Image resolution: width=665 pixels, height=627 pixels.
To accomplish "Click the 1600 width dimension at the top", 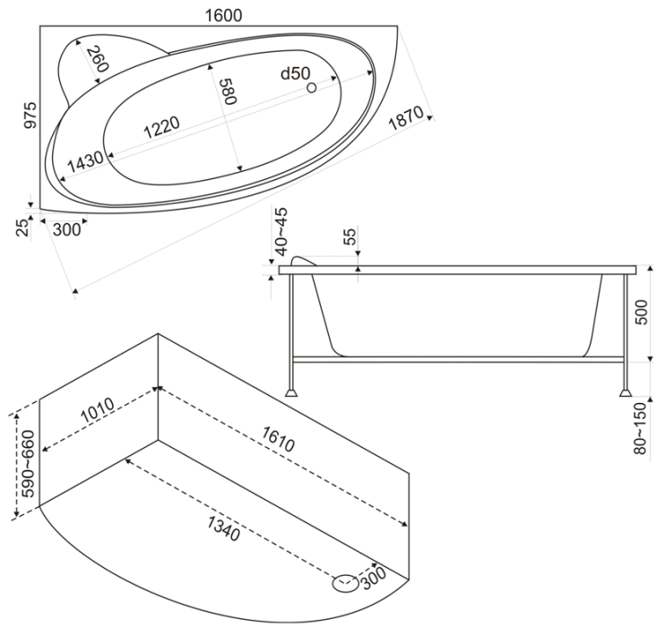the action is (223, 16).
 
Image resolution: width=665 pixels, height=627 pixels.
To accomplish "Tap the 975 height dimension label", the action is (30, 115).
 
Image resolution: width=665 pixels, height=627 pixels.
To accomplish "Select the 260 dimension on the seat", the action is (98, 59).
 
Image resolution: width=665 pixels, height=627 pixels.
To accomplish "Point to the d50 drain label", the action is (296, 73).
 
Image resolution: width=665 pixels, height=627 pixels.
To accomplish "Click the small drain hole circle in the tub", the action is (312, 88).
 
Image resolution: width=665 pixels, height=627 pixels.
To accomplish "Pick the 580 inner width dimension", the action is (228, 90).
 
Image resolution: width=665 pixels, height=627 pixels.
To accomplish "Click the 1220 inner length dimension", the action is (161, 127).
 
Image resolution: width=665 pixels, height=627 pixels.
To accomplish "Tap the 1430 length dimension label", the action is (85, 161).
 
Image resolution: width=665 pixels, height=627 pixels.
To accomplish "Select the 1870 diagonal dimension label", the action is (406, 117).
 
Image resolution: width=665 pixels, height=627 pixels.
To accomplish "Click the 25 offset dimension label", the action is (23, 228).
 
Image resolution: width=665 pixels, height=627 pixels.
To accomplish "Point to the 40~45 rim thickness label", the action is (281, 231).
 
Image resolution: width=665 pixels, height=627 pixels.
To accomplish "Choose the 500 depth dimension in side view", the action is (642, 313).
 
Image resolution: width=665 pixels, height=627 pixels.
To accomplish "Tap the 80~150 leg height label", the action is (641, 428).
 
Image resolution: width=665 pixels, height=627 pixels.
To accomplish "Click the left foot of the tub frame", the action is (291, 392).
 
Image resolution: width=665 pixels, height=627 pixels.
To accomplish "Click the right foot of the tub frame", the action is (626, 392).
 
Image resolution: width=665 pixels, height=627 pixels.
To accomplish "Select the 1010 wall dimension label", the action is (98, 409).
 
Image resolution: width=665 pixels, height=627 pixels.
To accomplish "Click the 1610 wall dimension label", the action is (278, 439).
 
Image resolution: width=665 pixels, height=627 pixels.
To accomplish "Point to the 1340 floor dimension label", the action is (223, 529).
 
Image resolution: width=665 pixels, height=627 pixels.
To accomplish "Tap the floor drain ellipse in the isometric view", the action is (346, 583).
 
